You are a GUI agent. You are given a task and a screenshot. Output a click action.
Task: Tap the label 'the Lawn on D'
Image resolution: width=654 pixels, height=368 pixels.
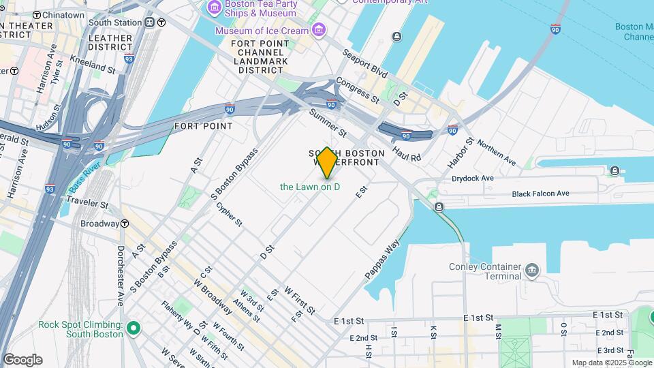(x=310, y=187)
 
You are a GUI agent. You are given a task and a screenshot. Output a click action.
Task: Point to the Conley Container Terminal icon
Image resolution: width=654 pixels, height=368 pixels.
(x=533, y=271)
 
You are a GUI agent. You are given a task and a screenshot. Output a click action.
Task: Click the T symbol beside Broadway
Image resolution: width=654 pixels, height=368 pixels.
(x=125, y=224)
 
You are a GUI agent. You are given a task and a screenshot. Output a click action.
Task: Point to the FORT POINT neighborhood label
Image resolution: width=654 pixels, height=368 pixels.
(x=203, y=126)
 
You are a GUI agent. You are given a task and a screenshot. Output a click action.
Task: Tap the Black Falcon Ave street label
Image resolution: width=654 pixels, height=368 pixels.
(x=540, y=194)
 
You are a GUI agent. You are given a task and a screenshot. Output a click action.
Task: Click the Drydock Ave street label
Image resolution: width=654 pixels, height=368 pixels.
(x=472, y=178)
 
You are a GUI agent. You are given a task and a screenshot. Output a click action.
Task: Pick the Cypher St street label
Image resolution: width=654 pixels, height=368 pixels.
(x=229, y=213)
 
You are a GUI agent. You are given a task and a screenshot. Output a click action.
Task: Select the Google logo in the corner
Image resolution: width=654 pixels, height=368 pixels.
(x=22, y=360)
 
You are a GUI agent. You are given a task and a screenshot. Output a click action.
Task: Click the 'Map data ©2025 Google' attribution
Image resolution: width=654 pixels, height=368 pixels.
(x=610, y=363)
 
